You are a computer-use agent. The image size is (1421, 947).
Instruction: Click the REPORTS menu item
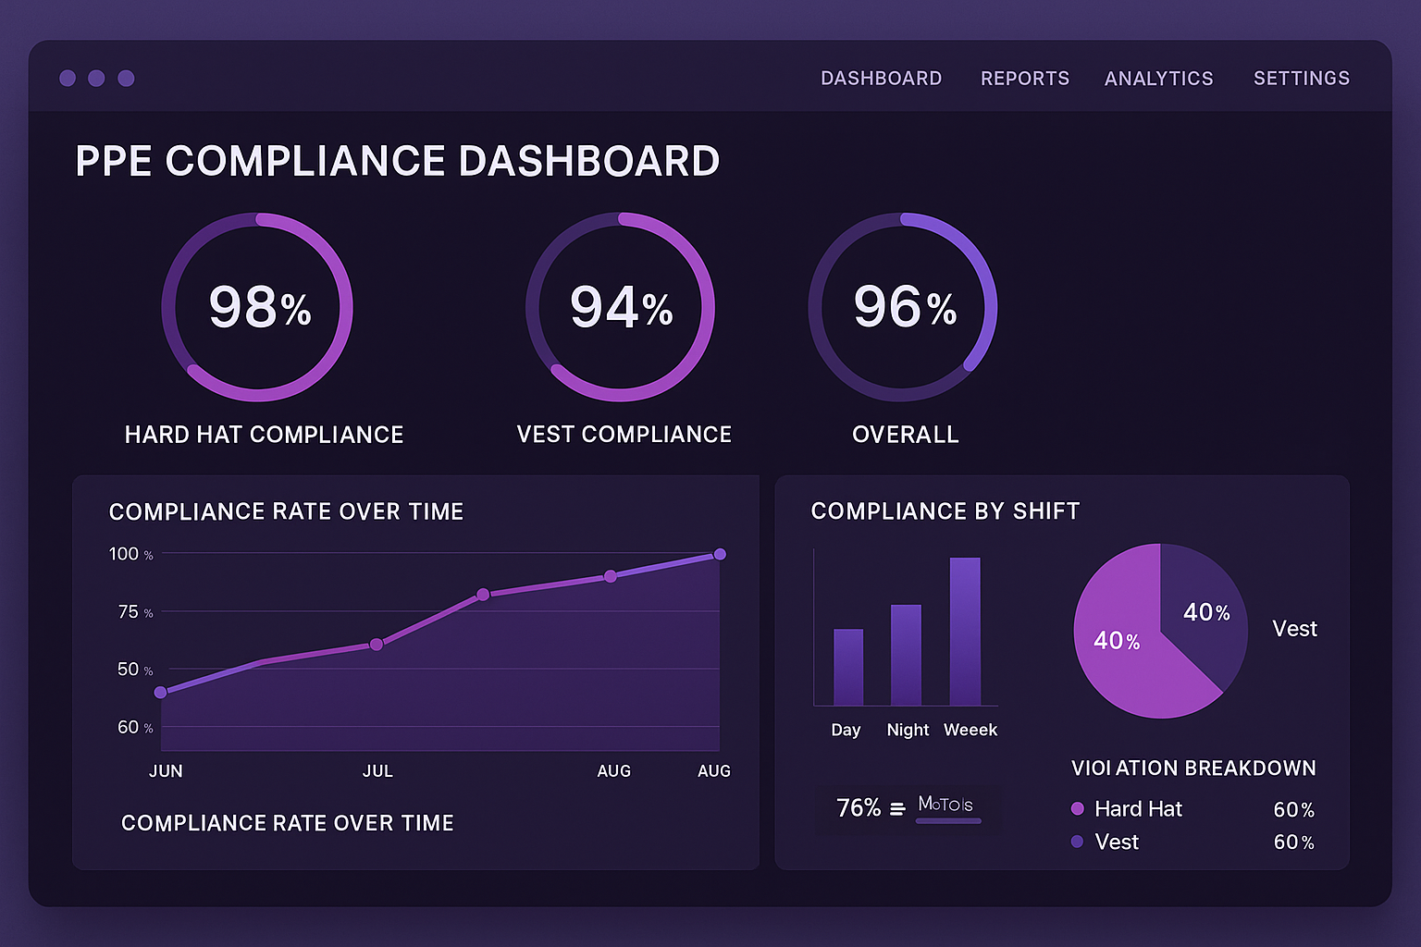click(x=1024, y=79)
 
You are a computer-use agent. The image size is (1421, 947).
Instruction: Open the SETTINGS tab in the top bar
click(x=1301, y=79)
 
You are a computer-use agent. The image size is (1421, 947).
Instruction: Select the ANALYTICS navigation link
click(x=1158, y=79)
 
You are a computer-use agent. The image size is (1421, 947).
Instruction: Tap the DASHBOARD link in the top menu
click(x=881, y=79)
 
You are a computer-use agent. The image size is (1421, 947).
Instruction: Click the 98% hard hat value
click(x=259, y=307)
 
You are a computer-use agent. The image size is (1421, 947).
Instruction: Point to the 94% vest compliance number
click(x=621, y=307)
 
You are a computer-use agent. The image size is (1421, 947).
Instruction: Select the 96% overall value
click(x=904, y=307)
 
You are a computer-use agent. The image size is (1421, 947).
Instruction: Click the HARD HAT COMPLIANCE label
click(x=264, y=435)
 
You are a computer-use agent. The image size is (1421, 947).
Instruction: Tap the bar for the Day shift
click(x=847, y=668)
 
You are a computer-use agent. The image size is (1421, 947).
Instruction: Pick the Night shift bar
click(x=906, y=655)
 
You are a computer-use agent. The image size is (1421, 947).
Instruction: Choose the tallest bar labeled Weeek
click(x=965, y=632)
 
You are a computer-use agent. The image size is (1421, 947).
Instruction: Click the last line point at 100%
click(x=720, y=554)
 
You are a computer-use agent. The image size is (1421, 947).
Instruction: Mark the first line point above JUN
click(x=160, y=692)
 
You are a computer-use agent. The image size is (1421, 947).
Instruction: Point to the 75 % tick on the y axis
click(x=134, y=612)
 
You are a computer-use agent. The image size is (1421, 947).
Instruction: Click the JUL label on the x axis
click(x=377, y=771)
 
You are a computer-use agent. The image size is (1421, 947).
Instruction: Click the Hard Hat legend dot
click(x=1077, y=809)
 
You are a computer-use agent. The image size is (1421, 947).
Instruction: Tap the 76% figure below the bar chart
click(x=859, y=808)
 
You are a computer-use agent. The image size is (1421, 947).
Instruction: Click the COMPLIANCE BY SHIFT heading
click(x=945, y=511)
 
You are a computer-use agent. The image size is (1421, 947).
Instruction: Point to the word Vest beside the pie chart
click(x=1294, y=629)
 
